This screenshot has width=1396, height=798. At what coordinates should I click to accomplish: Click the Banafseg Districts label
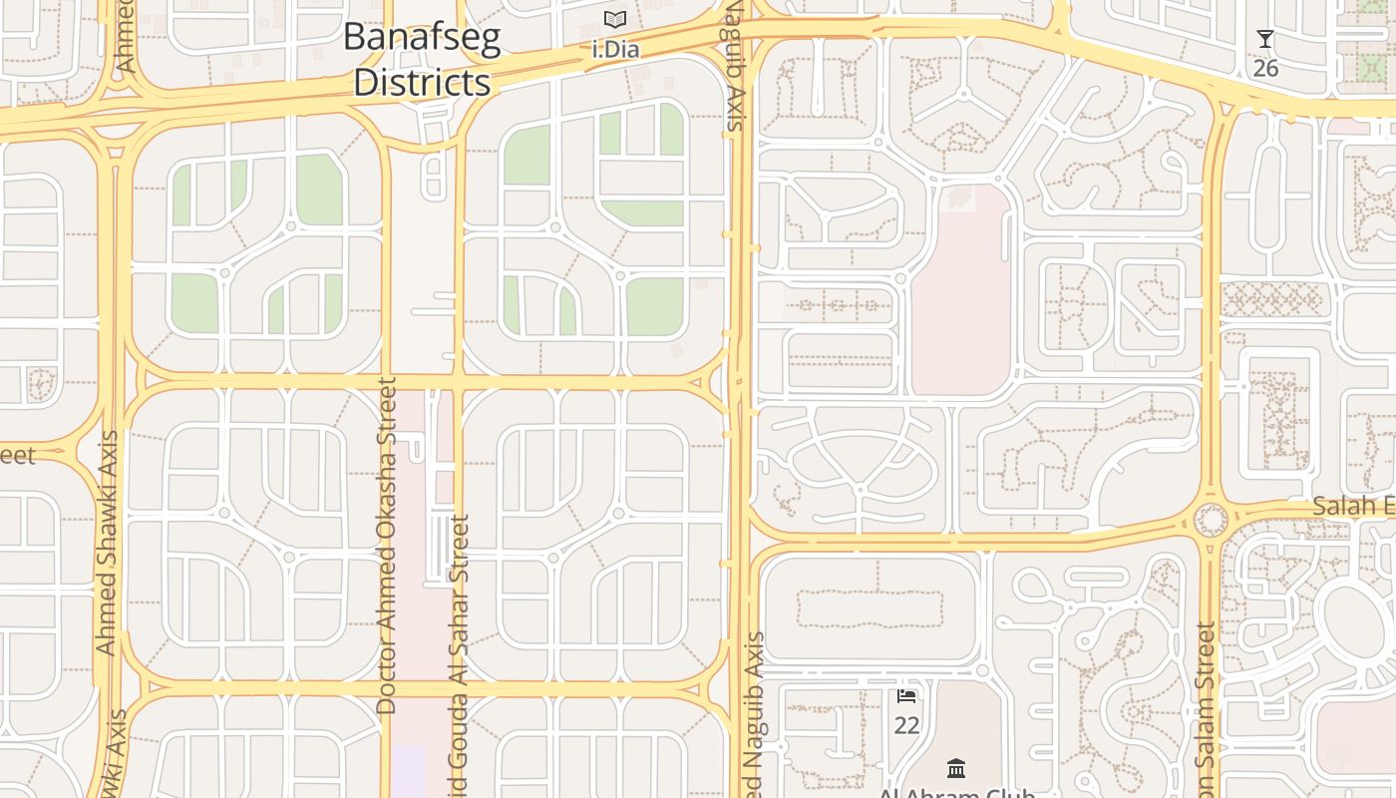coord(422,60)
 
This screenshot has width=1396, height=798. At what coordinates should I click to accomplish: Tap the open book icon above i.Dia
coord(615,20)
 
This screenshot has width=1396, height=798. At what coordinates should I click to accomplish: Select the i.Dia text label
coord(615,49)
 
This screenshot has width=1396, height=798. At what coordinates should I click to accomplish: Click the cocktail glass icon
coord(1265,40)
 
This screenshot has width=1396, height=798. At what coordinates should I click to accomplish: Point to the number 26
coord(1265,68)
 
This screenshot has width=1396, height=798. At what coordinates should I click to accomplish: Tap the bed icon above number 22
coord(906,695)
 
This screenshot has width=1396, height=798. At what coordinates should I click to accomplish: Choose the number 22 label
coord(906,725)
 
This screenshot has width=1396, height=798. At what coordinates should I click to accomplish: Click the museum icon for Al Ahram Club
coord(956,768)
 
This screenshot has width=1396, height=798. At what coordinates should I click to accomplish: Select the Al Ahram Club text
coord(956,793)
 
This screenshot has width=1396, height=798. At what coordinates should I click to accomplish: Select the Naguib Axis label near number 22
coord(755,713)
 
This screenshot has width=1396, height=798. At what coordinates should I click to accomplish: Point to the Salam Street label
coord(1207,708)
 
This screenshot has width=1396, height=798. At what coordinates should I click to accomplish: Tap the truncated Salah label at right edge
coord(1353,506)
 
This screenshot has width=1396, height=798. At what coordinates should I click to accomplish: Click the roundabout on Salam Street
coord(1211,520)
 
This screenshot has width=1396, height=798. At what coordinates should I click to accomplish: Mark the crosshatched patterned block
coord(1271,298)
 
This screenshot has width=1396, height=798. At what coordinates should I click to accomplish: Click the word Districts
coord(422,82)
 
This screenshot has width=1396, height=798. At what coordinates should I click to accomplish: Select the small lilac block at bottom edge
coord(409,770)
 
